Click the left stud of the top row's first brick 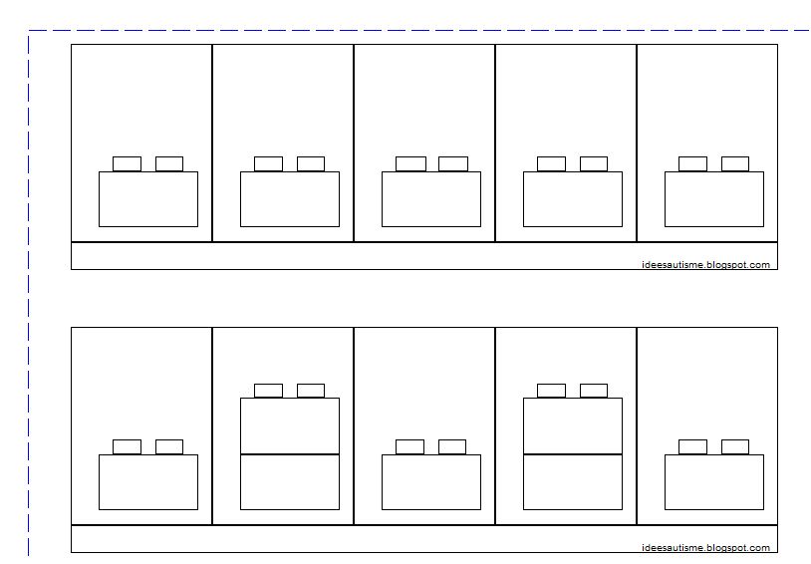127,163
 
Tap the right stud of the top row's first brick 169,163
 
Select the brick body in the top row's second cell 290,199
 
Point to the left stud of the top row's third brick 410,163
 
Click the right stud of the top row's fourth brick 594,163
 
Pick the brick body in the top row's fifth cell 714,199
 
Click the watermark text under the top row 705,265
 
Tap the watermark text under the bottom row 705,548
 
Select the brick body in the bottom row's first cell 148,482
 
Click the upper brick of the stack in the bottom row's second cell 290,425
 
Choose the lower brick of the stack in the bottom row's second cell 290,482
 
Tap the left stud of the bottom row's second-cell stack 268,391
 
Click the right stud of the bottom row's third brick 452,446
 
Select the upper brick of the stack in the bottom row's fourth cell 573,425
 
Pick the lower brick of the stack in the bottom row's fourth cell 573,482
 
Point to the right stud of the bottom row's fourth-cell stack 594,391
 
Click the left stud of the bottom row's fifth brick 692,446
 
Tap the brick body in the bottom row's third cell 431,482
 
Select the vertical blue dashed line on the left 29,299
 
